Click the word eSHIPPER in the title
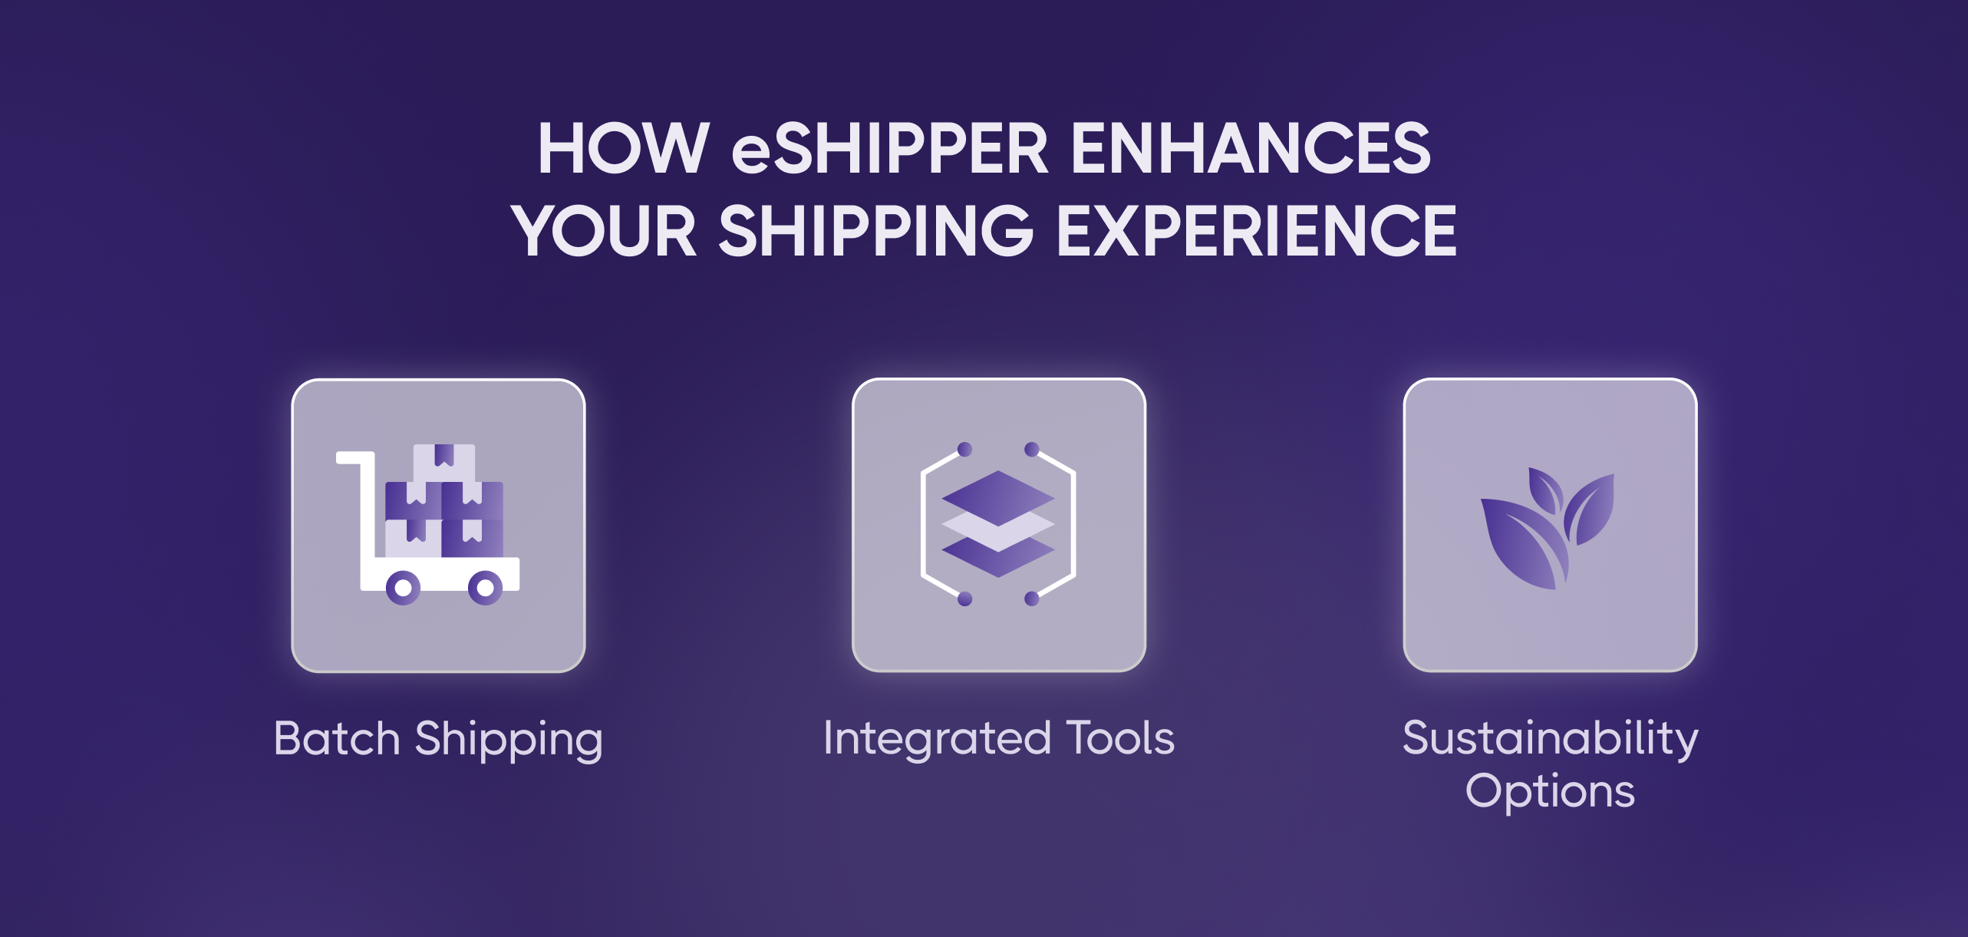(890, 148)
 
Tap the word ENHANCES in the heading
(1251, 148)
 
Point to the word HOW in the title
(623, 148)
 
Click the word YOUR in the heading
(605, 230)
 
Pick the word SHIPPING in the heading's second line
(876, 230)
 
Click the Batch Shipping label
(438, 740)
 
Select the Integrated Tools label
(999, 738)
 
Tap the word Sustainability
(1550, 739)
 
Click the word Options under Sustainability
(1550, 791)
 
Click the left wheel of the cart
(403, 589)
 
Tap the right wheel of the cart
(485, 589)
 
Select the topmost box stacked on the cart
(444, 464)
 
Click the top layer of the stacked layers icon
(998, 497)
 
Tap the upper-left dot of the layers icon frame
(965, 449)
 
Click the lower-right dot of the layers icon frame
(1032, 599)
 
